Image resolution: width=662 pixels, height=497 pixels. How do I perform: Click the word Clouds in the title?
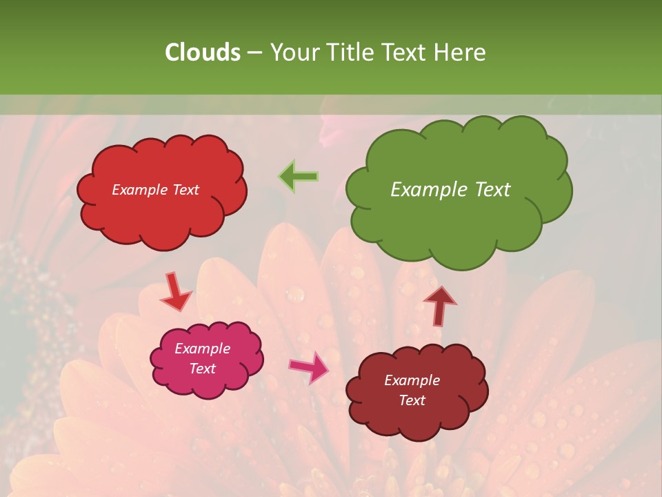(202, 52)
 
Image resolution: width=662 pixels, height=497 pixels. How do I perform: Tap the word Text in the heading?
(407, 52)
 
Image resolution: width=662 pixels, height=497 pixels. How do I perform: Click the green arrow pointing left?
(299, 177)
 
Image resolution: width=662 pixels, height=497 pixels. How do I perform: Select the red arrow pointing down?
(175, 291)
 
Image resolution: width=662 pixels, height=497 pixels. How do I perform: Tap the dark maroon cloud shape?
(417, 421)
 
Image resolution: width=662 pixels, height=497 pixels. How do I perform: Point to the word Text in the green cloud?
(492, 190)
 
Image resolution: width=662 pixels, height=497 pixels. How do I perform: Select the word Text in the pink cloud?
(203, 369)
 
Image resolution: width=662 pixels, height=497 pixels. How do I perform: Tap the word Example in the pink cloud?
(203, 349)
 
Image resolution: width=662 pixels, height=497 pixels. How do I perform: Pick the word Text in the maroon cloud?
(412, 400)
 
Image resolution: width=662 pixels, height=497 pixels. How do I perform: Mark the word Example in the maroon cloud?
(412, 380)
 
